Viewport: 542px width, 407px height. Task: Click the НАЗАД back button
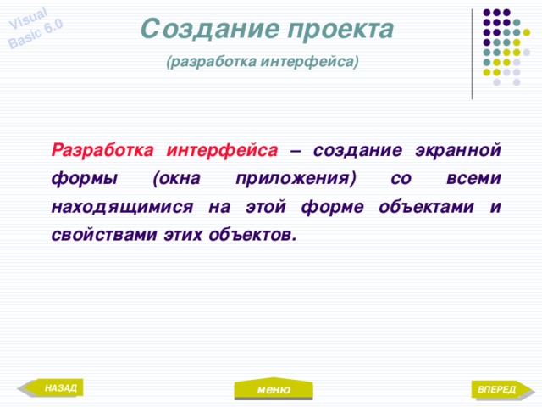click(56, 388)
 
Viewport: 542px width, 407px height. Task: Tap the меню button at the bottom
click(274, 389)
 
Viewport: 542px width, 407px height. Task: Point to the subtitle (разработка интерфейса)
click(263, 62)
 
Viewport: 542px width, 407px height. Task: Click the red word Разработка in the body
click(102, 151)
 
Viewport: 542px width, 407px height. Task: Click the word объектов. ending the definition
click(257, 234)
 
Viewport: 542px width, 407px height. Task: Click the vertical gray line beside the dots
click(472, 53)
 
